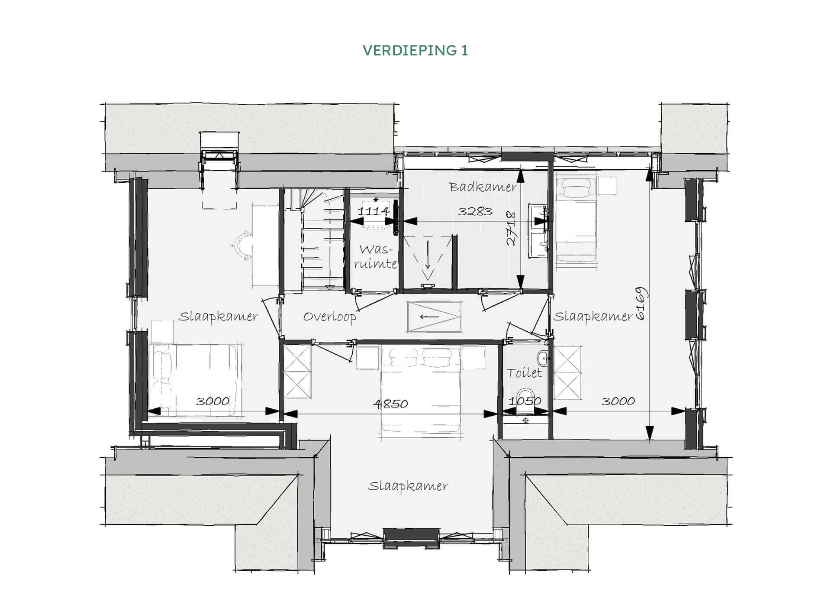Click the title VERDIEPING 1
[415, 50]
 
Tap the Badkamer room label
[483, 187]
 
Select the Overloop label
[330, 317]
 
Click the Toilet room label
[524, 372]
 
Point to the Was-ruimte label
[375, 257]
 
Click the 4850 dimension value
[391, 404]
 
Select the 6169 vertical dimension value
[642, 304]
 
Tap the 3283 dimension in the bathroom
[475, 211]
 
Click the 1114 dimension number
[374, 211]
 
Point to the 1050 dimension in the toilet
[525, 401]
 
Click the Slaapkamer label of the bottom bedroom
[408, 486]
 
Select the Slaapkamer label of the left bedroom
[218, 317]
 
